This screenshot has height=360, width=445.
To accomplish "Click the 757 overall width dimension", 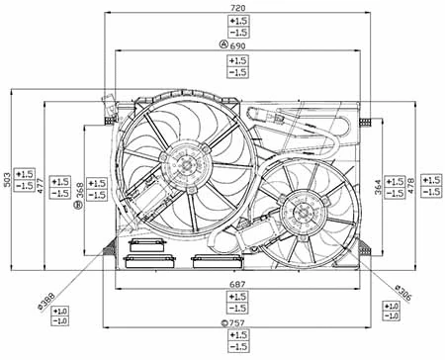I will (x=237, y=323).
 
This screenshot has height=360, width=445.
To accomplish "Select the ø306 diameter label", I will (x=402, y=294).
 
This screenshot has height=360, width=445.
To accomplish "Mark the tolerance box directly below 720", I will (x=237, y=26).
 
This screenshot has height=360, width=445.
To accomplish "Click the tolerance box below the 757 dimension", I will (x=237, y=341).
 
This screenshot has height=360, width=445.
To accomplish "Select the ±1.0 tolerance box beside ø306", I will (x=393, y=314).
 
